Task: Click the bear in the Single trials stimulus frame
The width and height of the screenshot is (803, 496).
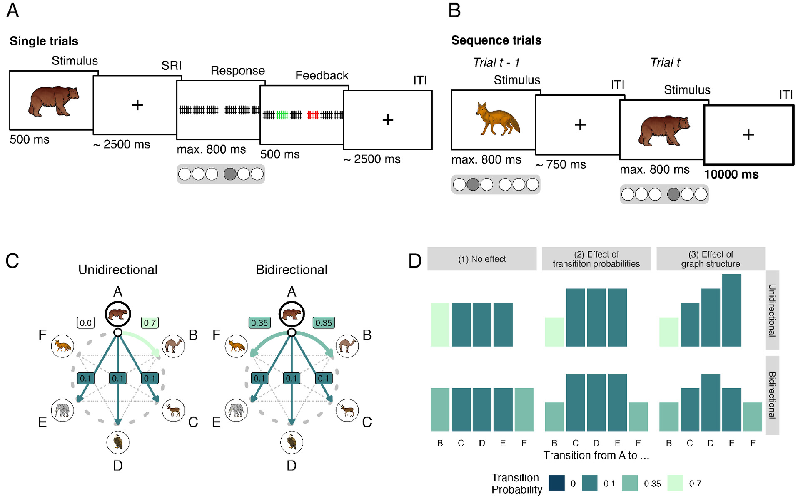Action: [54, 101]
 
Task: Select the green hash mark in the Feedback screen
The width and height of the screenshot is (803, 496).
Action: [282, 115]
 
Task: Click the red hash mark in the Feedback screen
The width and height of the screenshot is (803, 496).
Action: [313, 115]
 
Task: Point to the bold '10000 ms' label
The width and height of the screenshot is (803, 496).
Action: [731, 174]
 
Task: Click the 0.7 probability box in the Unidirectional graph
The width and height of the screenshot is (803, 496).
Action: [150, 322]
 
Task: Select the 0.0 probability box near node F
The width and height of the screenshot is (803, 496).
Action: [86, 322]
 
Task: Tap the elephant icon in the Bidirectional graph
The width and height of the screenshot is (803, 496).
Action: [236, 410]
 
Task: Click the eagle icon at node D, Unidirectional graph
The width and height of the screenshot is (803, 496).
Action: [118, 442]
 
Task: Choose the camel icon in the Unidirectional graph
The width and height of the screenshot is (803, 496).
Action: [173, 346]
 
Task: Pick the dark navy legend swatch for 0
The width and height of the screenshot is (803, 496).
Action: [557, 483]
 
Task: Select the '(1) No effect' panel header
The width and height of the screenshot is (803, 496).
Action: [482, 259]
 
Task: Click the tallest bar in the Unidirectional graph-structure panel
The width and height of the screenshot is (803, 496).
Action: [732, 310]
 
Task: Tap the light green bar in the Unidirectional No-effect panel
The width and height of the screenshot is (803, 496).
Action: [440, 325]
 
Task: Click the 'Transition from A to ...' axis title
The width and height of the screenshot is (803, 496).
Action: [596, 455]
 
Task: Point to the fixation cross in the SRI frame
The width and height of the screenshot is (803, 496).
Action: [137, 105]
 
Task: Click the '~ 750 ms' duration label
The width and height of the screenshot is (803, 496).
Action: [561, 165]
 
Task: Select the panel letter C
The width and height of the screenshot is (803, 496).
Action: [12, 261]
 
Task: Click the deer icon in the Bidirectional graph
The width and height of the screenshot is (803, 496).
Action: [347, 410]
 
